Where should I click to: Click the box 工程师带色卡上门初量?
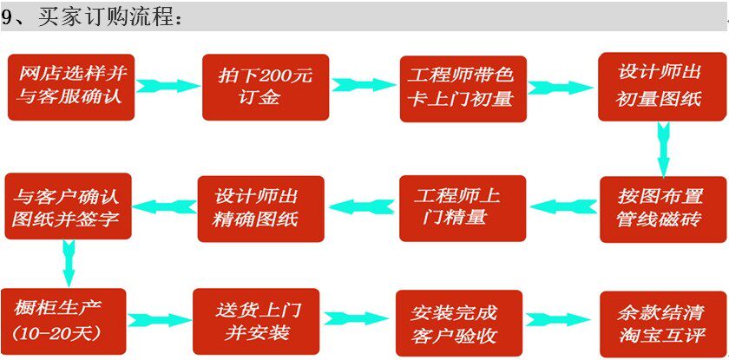coord(463,88)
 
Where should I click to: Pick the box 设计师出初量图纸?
coord(661,88)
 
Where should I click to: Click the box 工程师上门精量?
coord(463,207)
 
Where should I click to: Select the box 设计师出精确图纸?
coord(260,207)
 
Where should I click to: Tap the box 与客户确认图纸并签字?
coord(69,206)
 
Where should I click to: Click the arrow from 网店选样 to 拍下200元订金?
coord(168,86)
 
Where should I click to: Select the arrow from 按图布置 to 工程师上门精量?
coord(562,206)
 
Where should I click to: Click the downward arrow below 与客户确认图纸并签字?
coord(69,262)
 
